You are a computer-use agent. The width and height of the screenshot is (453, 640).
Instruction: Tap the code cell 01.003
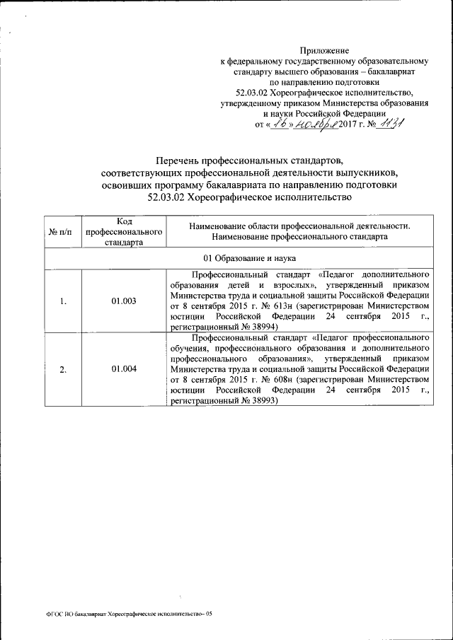click(124, 301)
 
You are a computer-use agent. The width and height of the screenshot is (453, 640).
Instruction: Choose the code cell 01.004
click(124, 369)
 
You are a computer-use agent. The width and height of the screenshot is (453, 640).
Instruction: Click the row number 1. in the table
click(63, 301)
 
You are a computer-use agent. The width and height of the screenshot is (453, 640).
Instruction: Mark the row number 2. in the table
click(63, 369)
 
